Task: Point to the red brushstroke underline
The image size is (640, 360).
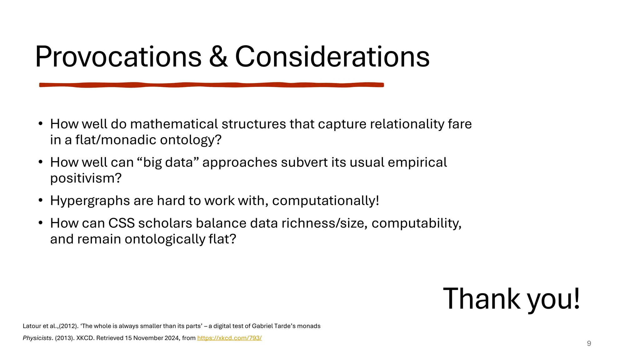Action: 211,85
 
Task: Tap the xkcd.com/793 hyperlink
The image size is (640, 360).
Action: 229,338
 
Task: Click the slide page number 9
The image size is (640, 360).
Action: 589,343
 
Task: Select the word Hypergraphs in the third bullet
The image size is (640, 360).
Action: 90,201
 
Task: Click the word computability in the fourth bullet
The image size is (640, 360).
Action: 416,223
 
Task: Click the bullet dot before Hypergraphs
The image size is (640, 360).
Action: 40,200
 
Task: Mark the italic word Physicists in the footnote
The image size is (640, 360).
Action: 37,338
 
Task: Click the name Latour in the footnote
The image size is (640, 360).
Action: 32,326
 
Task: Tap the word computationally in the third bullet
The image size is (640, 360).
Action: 325,201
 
